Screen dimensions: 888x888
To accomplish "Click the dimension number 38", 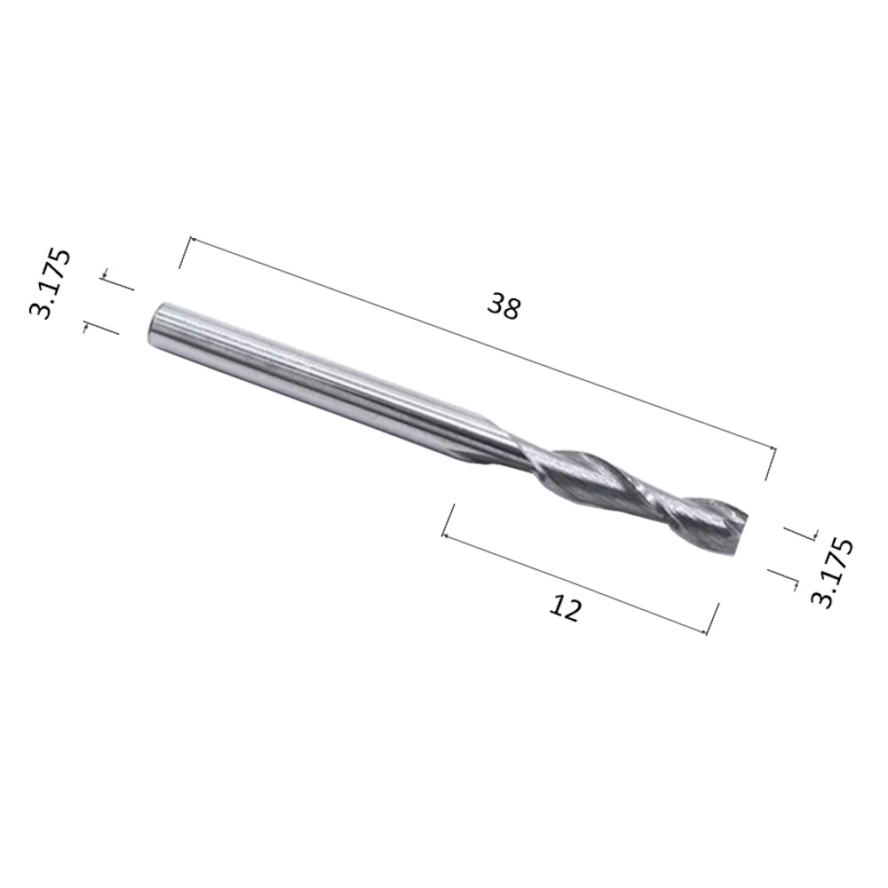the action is click(x=503, y=307).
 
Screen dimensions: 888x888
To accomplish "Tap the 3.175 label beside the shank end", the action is click(x=50, y=283).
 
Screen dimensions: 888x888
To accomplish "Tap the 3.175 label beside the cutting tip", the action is click(x=831, y=573).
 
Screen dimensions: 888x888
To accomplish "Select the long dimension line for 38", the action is click(x=483, y=345).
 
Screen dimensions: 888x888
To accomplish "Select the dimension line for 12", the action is click(x=575, y=584).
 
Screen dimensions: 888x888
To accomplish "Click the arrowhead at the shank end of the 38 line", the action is click(x=192, y=240).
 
